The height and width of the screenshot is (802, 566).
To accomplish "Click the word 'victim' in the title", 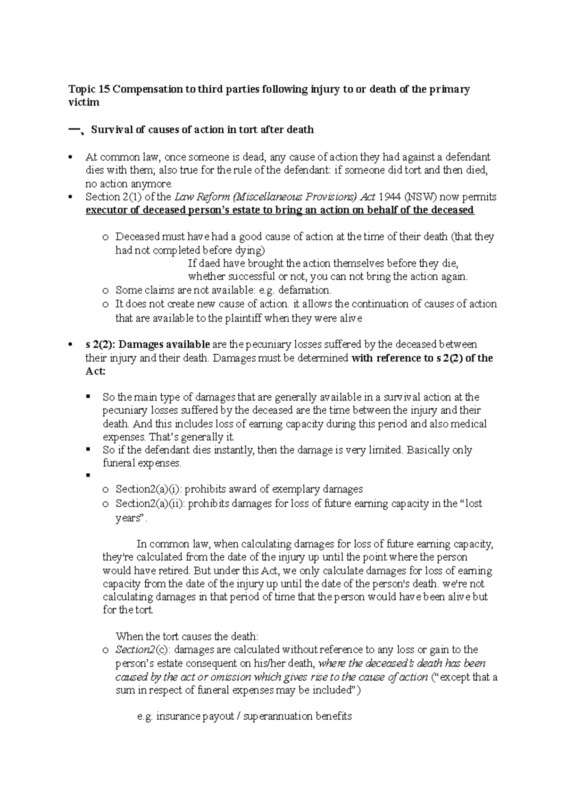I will coord(84,102).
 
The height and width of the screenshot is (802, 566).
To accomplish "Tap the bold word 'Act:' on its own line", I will coord(96,371).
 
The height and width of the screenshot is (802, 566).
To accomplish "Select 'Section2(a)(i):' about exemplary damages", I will coord(150,489).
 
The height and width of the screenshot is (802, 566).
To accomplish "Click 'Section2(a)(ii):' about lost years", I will coord(152,503).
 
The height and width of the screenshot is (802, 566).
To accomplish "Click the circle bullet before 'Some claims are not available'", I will coord(105,290).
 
